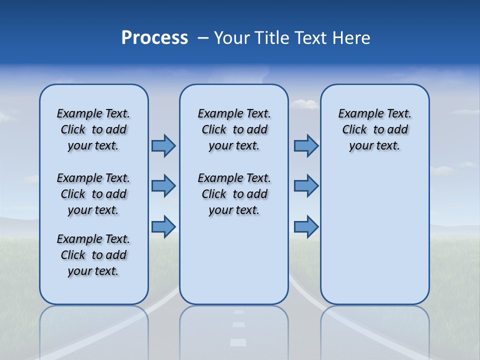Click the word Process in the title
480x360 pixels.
154,38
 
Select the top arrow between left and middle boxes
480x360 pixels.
163,145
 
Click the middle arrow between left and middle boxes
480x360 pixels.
163,186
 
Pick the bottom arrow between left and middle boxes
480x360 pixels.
163,226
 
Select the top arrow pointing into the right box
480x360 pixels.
306,145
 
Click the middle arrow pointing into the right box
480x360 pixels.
306,186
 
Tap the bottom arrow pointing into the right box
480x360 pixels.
306,226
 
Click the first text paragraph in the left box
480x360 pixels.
93,129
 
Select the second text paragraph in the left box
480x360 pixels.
93,194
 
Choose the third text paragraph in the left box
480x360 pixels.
93,255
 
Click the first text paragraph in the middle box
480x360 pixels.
234,129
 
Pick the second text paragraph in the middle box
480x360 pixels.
234,194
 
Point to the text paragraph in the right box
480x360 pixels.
374,129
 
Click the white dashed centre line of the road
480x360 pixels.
238,342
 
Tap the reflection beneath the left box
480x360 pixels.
94,330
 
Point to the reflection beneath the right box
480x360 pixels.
374,330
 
